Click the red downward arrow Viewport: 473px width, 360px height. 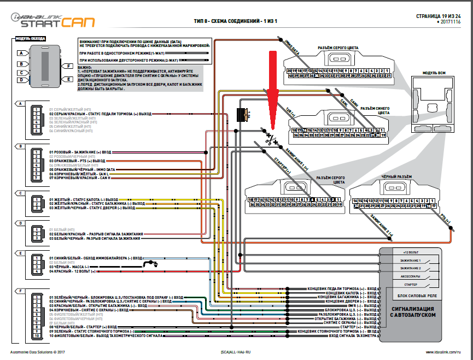(x=272, y=82)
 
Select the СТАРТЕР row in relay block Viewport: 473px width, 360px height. (x=411, y=285)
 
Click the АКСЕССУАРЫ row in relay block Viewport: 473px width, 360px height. (x=411, y=276)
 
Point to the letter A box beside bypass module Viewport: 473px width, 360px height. (x=20, y=54)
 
